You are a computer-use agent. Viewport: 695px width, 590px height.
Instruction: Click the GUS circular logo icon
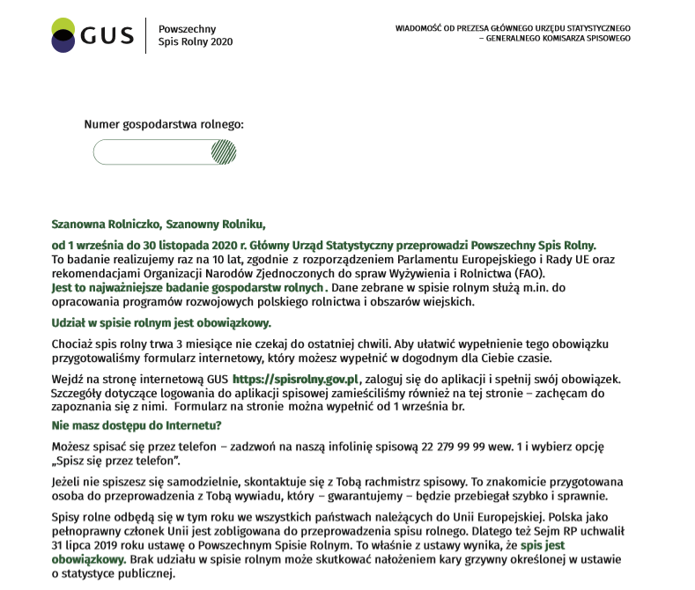[64, 35]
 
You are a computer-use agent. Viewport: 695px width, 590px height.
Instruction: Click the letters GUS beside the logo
[107, 35]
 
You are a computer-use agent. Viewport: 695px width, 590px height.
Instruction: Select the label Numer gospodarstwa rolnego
[163, 125]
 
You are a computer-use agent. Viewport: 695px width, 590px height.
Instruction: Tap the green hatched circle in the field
[224, 152]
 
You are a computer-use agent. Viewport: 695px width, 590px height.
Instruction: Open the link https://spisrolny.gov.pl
[298, 378]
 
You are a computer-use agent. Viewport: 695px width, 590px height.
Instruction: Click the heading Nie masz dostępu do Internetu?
[137, 425]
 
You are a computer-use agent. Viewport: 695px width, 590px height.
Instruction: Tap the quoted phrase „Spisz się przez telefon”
[116, 461]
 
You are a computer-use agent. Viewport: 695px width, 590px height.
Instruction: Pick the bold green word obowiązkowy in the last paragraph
[90, 559]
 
